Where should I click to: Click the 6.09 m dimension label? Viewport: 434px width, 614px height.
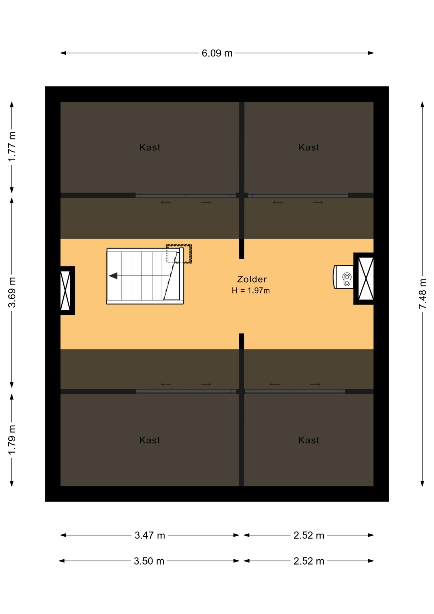tap(217, 53)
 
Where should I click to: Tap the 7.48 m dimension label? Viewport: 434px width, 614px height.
tap(422, 294)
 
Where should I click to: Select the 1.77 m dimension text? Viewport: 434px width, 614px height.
tap(12, 146)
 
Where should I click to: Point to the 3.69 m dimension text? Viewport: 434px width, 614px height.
tap(12, 292)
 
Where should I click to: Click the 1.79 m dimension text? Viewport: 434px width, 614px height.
tap(12, 440)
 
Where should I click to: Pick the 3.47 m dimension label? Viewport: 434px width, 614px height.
tap(150, 535)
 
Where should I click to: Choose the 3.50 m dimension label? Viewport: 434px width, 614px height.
tap(149, 561)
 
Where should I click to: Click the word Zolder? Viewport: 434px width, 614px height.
tap(252, 279)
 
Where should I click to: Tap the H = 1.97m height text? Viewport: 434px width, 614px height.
tap(251, 290)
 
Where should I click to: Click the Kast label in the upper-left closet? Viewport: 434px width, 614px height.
tap(150, 147)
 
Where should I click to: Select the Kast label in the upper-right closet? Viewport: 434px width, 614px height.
tap(309, 147)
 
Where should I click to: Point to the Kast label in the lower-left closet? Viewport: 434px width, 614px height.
tap(150, 440)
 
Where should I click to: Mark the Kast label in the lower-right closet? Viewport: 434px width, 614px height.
tap(308, 440)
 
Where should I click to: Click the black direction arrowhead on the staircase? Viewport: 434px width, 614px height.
tap(113, 276)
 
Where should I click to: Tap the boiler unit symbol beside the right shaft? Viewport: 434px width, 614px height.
tap(344, 277)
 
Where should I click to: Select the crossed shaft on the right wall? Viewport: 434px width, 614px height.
tap(364, 279)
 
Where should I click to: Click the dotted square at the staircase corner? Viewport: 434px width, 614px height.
tap(179, 254)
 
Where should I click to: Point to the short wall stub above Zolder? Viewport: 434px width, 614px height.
tap(242, 249)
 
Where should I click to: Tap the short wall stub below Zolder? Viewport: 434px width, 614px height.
tap(242, 341)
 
